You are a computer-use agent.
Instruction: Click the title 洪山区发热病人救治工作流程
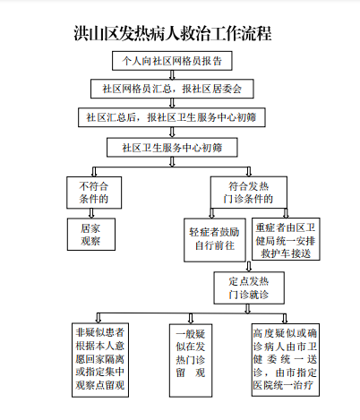(173, 33)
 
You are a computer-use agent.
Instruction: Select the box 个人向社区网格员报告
(172, 61)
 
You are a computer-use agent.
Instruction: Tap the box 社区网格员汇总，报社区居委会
(172, 89)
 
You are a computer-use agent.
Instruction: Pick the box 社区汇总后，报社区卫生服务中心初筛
(172, 117)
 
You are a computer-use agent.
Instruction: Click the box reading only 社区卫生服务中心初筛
(172, 147)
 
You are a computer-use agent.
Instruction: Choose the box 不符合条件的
(94, 193)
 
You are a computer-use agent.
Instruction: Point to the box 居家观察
(91, 235)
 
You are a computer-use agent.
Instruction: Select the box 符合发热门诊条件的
(249, 193)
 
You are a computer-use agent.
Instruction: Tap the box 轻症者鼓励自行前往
(215, 240)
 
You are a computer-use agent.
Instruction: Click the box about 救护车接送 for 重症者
(286, 239)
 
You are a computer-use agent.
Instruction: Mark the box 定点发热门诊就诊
(249, 287)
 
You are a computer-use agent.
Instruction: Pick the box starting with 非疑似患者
(100, 360)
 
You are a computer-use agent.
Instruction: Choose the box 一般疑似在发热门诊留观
(191, 361)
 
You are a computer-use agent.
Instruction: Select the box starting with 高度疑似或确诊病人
(286, 360)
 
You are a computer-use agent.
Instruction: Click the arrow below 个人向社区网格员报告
(172, 75)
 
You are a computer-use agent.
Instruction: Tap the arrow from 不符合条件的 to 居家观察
(91, 213)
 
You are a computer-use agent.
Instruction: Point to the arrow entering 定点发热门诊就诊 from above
(249, 267)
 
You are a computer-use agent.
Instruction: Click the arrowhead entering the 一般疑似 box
(191, 321)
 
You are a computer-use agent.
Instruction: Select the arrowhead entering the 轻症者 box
(211, 216)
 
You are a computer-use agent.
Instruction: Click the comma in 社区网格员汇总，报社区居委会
(176, 90)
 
